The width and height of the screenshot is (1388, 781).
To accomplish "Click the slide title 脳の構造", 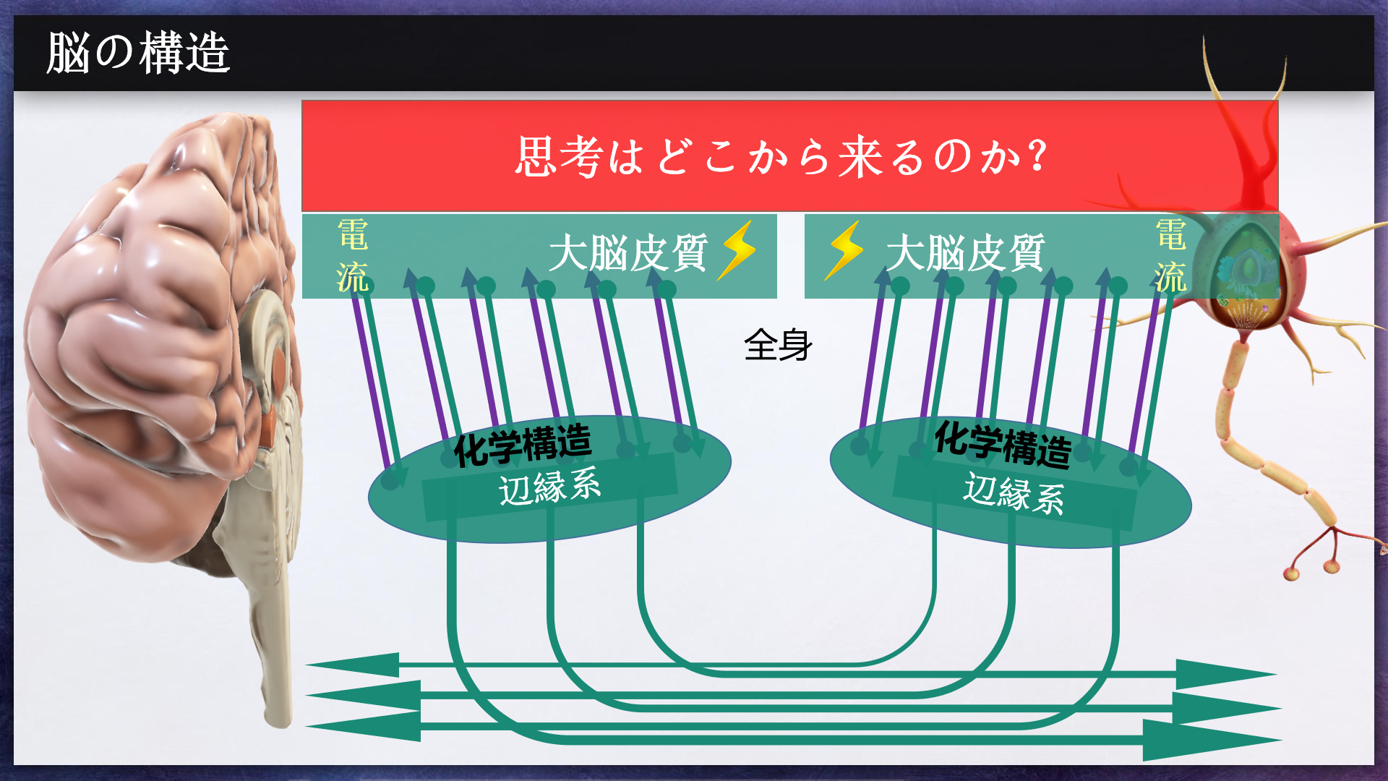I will point(138,53).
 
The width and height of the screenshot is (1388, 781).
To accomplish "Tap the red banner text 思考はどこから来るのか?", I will point(781,156).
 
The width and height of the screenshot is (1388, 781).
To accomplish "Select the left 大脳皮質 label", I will point(627,253).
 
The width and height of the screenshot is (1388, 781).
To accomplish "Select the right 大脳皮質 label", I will point(965,253).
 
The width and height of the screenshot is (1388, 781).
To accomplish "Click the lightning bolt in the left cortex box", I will point(737,249).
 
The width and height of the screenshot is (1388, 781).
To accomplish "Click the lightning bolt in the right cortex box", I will point(844,249).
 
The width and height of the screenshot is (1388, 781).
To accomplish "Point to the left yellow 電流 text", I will point(353,256).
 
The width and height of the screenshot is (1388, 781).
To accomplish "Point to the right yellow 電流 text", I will point(1170,256).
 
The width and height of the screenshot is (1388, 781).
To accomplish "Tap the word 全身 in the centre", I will point(778,345).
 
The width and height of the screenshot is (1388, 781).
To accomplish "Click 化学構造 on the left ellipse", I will point(523,444).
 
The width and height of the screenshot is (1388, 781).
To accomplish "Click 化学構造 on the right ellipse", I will point(1003,443).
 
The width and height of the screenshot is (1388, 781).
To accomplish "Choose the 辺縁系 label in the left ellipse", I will point(549,486).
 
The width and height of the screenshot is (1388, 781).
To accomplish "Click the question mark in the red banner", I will point(1038,155).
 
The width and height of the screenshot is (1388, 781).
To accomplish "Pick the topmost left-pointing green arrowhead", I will point(354,665).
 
